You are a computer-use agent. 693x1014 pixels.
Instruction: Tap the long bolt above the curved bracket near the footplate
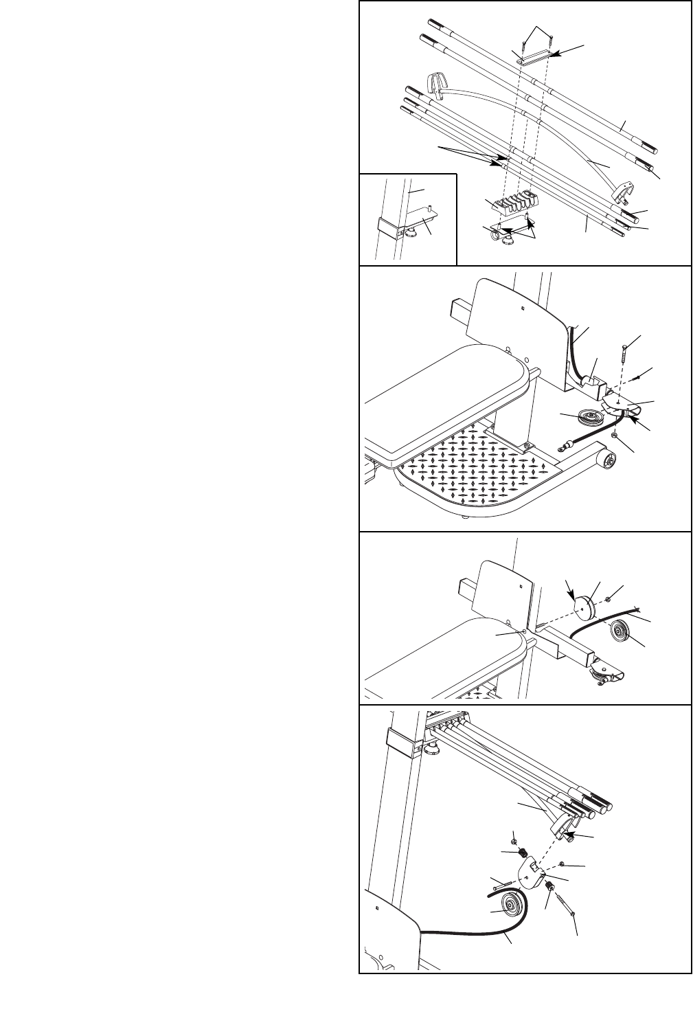tap(624, 357)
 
